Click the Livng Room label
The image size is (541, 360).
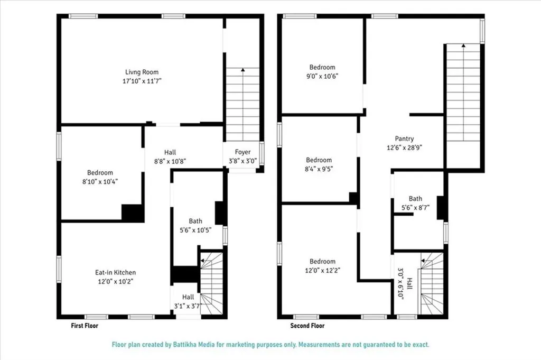[x=142, y=72]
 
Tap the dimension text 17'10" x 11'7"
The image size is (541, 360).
[x=142, y=81]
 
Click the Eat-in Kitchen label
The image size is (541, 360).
[x=115, y=273]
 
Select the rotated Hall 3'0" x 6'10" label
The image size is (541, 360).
[x=405, y=284]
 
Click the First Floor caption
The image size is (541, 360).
[x=85, y=326]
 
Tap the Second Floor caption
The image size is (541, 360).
[x=307, y=326]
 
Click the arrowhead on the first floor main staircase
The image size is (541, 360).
[x=242, y=69]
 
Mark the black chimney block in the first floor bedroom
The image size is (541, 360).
[x=133, y=213]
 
